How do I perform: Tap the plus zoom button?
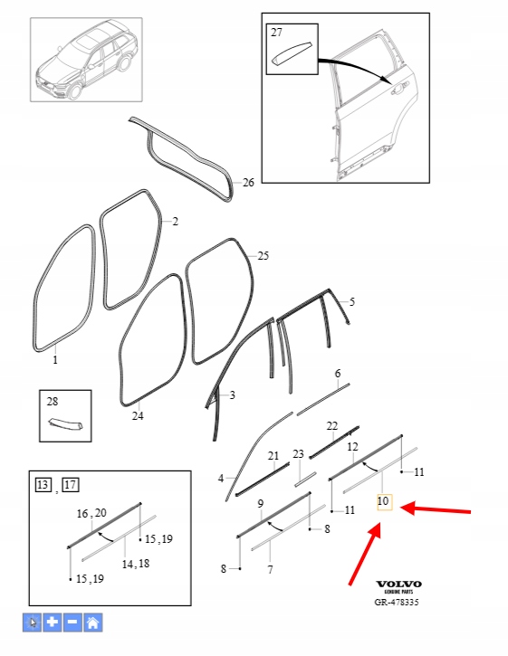(x=53, y=623)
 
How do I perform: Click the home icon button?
(x=93, y=623)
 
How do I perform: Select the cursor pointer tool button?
(x=33, y=623)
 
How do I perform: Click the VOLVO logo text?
(x=398, y=584)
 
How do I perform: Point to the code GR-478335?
(x=397, y=602)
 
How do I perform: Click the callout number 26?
(x=248, y=183)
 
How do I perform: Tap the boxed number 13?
(x=43, y=485)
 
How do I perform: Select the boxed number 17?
(x=71, y=485)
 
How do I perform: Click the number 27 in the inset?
(x=276, y=33)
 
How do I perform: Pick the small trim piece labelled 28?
(x=65, y=423)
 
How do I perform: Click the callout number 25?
(x=263, y=256)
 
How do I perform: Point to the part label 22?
(x=332, y=426)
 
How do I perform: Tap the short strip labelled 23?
(x=305, y=480)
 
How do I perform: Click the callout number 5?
(x=351, y=301)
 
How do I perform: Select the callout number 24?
(x=138, y=416)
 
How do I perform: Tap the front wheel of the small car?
(x=75, y=91)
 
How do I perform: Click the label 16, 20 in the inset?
(x=91, y=513)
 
